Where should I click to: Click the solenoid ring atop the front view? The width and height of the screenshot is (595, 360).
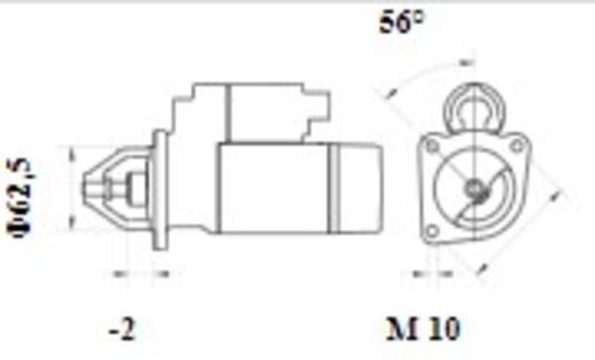click(471, 106)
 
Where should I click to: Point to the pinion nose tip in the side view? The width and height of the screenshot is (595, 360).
click(85, 186)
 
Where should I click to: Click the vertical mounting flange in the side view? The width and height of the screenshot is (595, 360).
click(158, 187)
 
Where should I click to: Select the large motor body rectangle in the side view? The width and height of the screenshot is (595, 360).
click(273, 188)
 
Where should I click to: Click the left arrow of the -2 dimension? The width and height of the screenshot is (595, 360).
click(112, 271)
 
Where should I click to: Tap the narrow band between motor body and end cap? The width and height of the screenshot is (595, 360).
click(336, 188)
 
